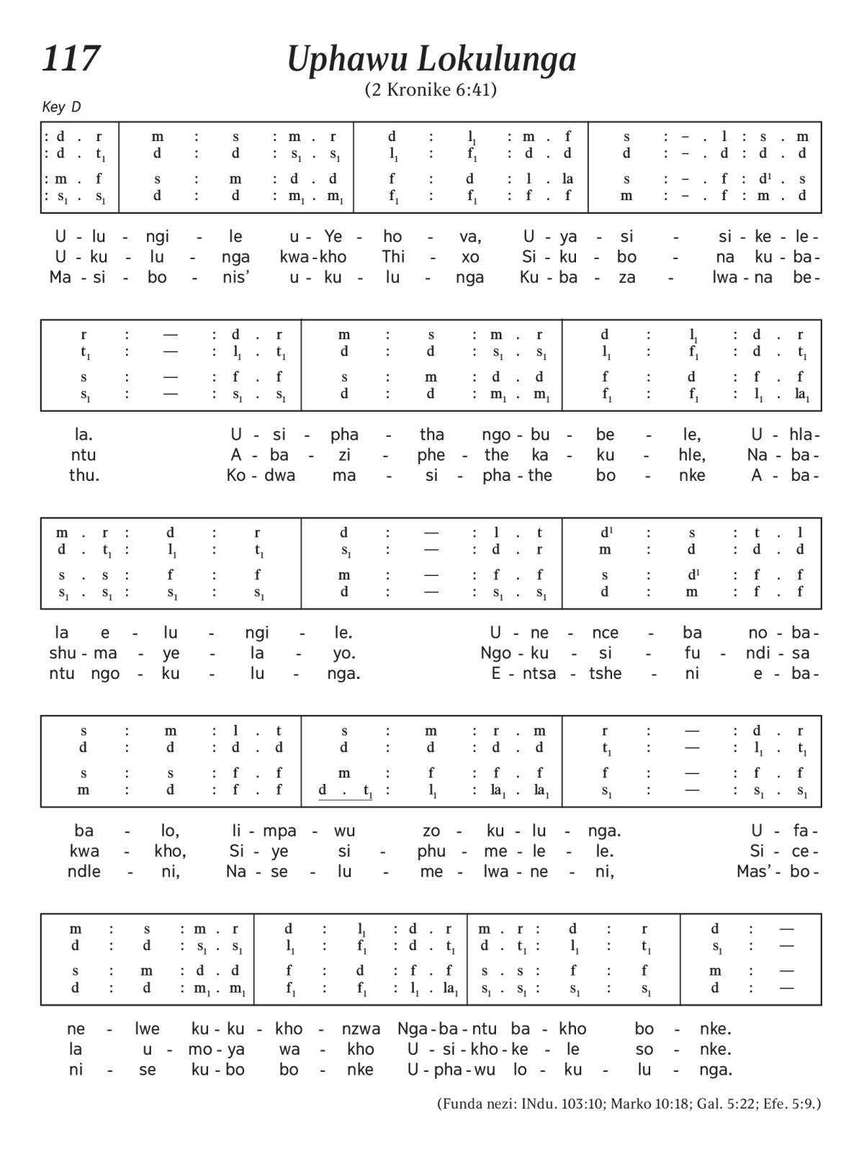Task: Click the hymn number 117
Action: click(x=71, y=59)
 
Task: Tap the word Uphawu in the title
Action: click(x=345, y=60)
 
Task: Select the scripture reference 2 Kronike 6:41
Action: click(x=431, y=90)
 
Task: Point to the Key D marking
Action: click(x=61, y=107)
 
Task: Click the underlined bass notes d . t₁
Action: click(x=346, y=791)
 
